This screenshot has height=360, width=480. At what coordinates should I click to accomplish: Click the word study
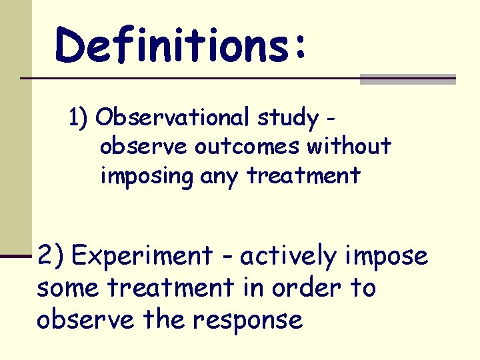click(x=288, y=119)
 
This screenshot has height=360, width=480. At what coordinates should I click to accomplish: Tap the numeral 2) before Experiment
click(x=51, y=255)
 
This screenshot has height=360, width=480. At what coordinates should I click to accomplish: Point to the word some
click(x=68, y=288)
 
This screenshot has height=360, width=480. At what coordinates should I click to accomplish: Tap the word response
click(x=248, y=321)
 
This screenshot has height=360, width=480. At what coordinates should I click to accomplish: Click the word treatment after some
click(x=171, y=288)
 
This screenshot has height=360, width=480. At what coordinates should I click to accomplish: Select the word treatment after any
click(x=303, y=177)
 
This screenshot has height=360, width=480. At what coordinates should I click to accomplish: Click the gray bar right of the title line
click(x=407, y=79)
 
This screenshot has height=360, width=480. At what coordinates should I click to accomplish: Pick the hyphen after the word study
click(x=331, y=121)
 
